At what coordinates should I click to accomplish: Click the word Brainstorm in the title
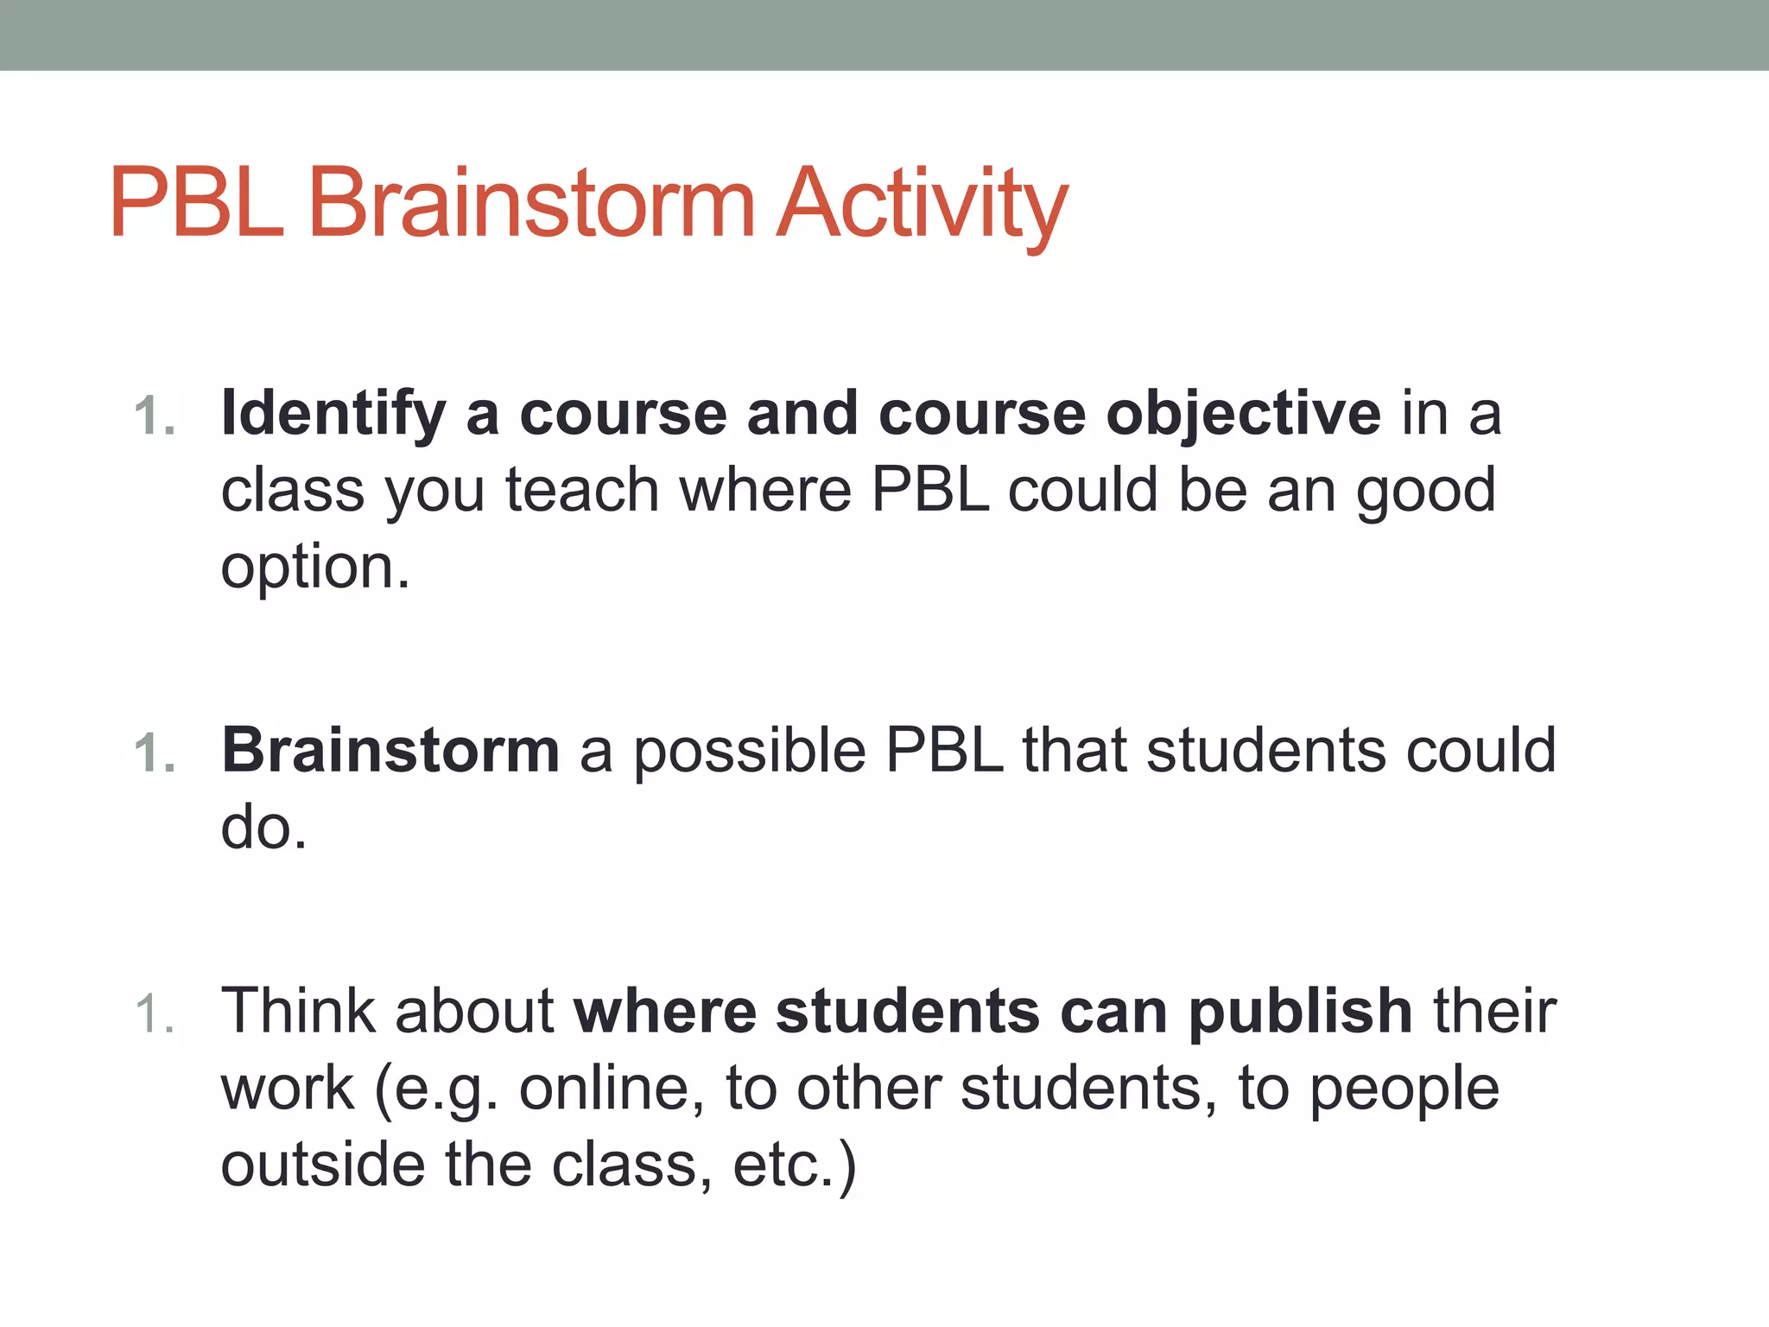(x=531, y=204)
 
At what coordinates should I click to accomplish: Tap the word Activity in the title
(x=922, y=204)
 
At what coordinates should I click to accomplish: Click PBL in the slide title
(x=197, y=204)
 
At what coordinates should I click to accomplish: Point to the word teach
(x=583, y=491)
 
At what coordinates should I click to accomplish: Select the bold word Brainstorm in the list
(x=390, y=750)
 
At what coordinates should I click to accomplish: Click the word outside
(x=322, y=1165)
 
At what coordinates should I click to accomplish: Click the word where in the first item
(x=765, y=491)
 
